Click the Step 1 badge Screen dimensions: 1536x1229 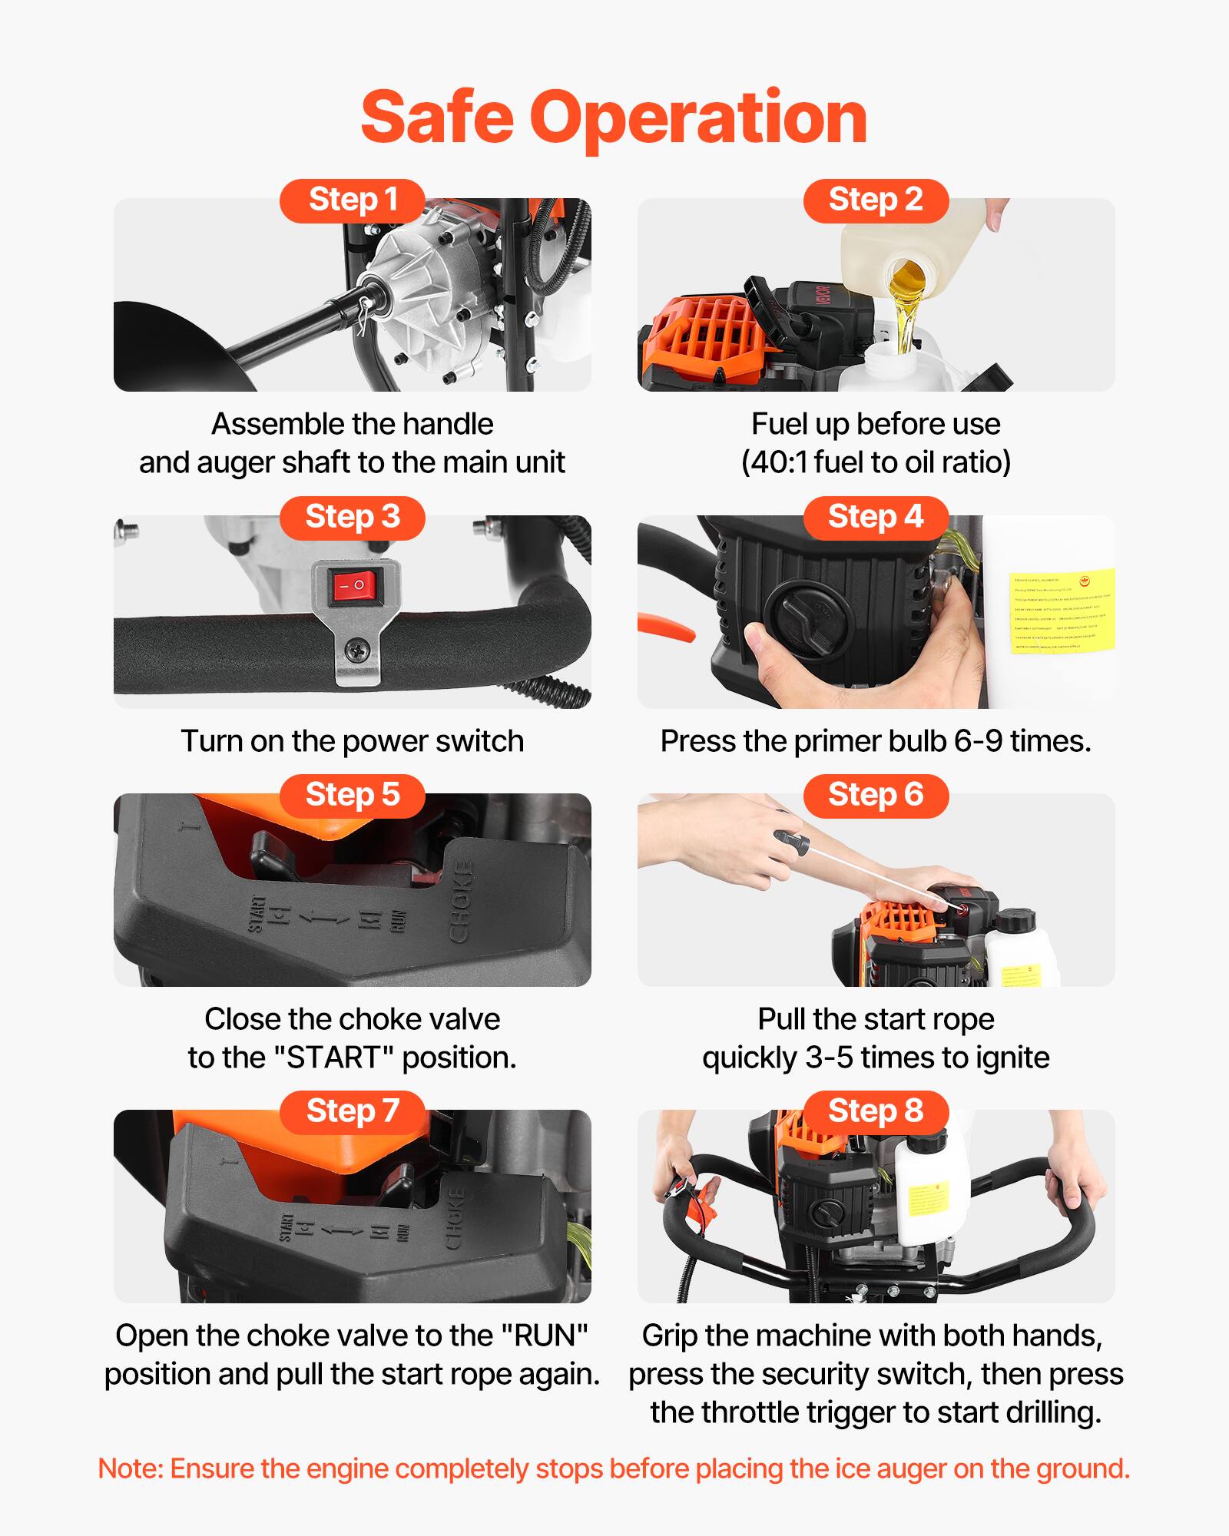(x=352, y=200)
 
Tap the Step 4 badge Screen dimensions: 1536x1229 (x=876, y=518)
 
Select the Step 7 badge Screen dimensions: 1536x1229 (x=352, y=1111)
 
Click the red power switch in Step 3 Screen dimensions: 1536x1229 (x=355, y=586)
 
